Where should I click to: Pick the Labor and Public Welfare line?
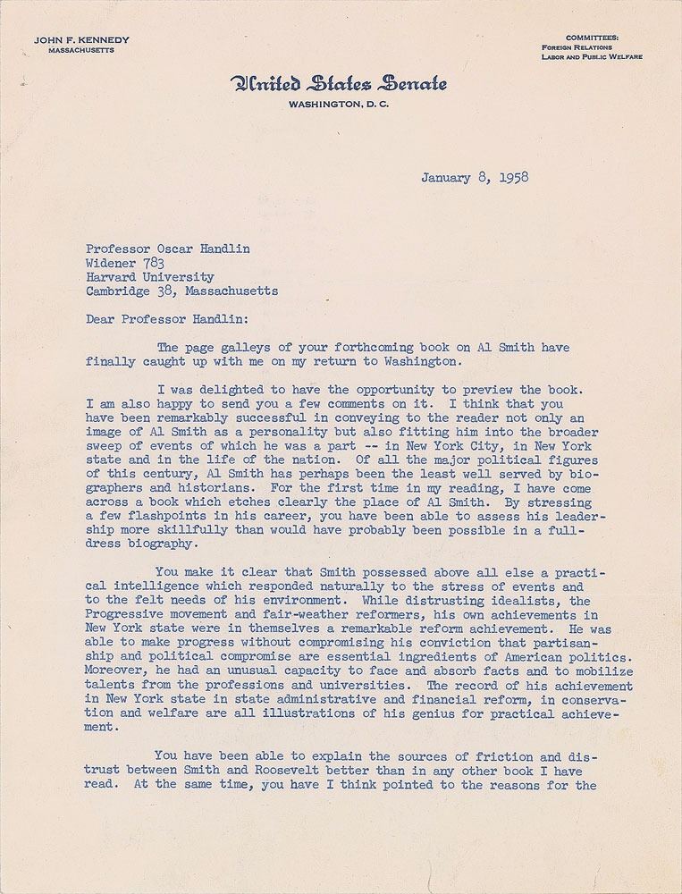[x=592, y=56]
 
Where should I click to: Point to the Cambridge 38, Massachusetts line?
[x=181, y=291]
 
